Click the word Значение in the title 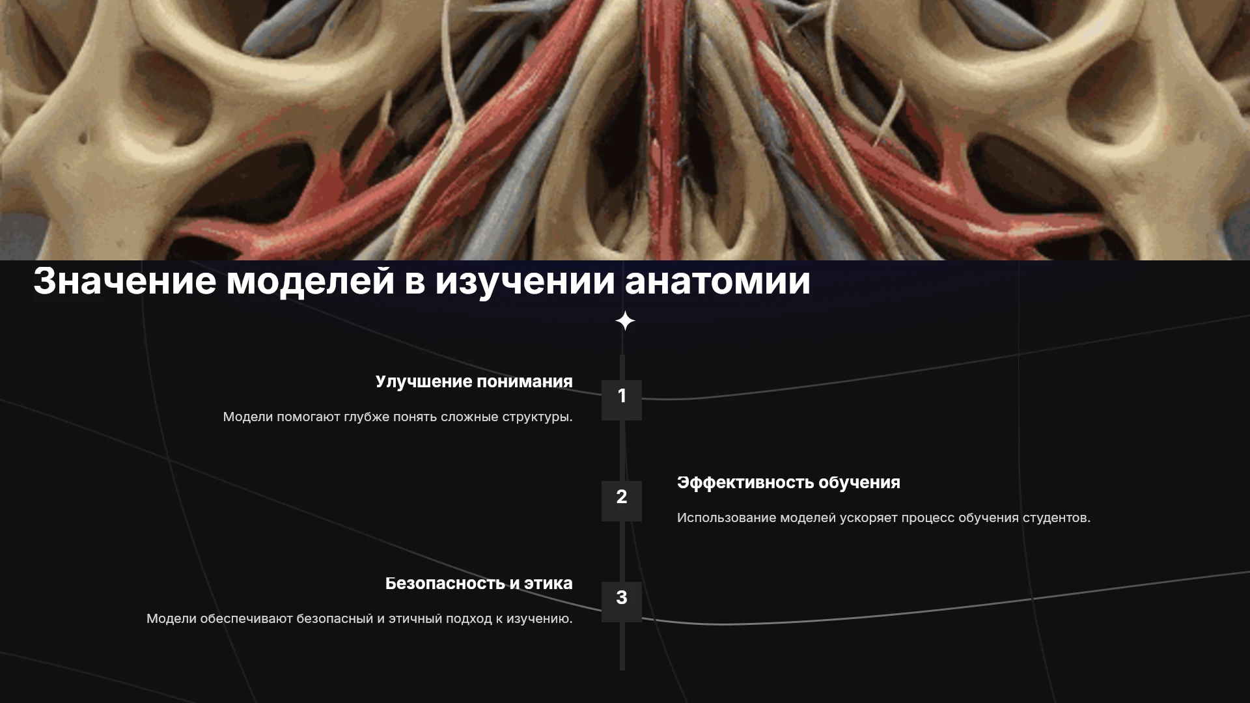[x=124, y=281]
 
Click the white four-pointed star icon [x=625, y=321]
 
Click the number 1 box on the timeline [x=622, y=400]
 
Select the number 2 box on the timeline [x=622, y=501]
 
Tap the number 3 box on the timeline [x=622, y=601]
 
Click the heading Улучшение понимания [x=474, y=382]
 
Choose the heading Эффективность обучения [x=788, y=482]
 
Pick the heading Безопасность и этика [x=479, y=583]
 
